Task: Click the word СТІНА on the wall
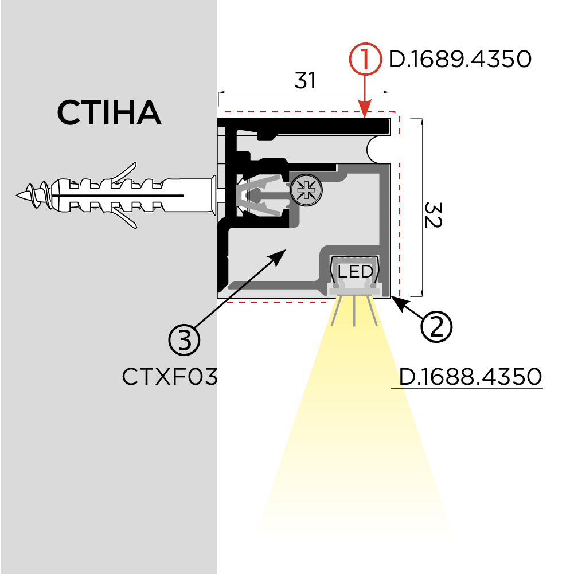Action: click(x=109, y=113)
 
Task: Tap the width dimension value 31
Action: click(x=305, y=81)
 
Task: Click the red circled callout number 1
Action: click(x=365, y=60)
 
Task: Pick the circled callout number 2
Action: click(x=436, y=326)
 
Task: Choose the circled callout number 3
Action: click(x=184, y=340)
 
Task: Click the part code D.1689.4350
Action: click(x=460, y=59)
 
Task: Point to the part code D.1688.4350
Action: click(x=470, y=377)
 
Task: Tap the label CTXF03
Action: click(x=170, y=377)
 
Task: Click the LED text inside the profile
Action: click(x=355, y=270)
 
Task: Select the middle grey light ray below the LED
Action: click(x=355, y=311)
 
